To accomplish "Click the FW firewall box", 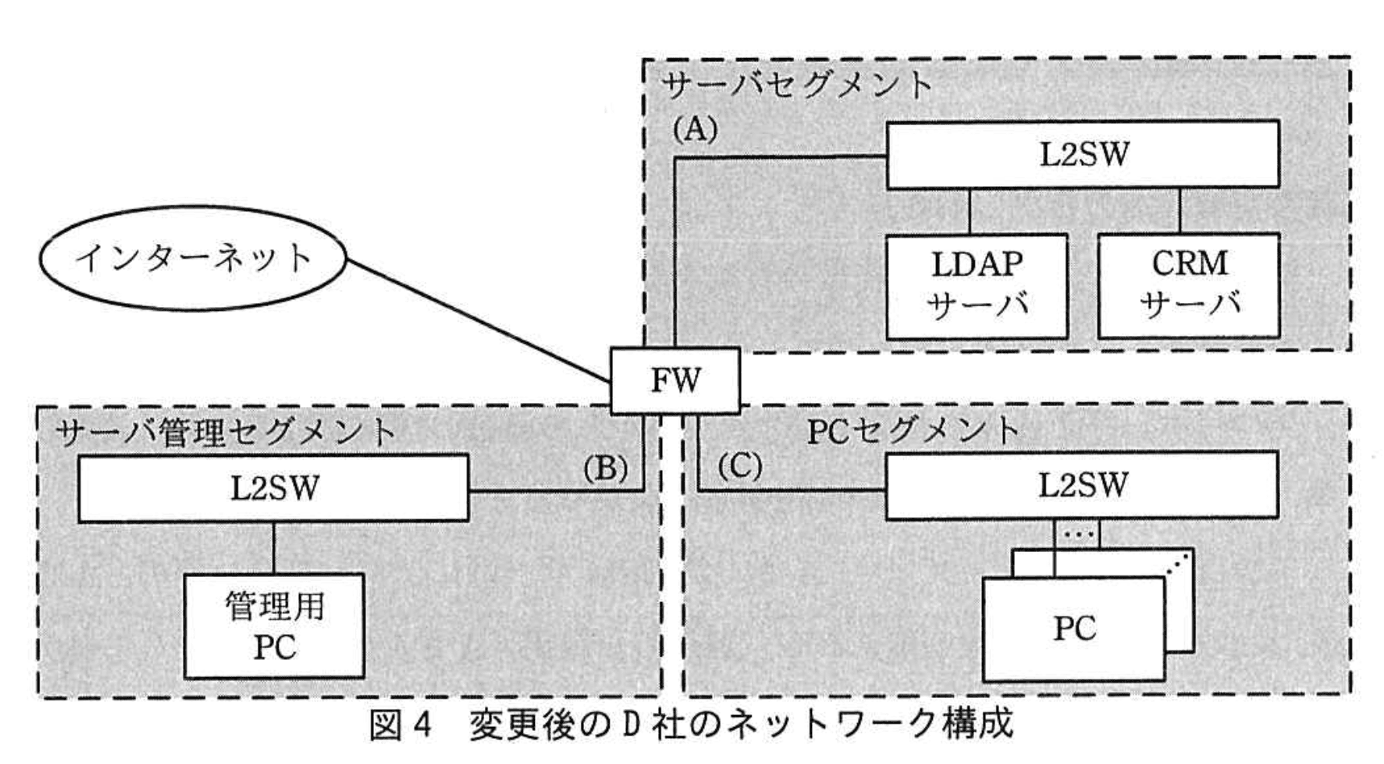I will (x=675, y=380).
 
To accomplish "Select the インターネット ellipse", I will (x=193, y=259).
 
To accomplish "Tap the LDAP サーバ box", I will (x=976, y=286).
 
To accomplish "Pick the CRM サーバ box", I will (x=1189, y=286).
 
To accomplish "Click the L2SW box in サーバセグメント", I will (x=1083, y=154).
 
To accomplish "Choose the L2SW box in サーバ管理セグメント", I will (x=273, y=488).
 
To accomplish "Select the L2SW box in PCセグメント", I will (x=1081, y=484).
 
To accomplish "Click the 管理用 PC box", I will (x=274, y=626).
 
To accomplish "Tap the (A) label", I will (x=694, y=129).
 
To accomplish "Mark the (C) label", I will (x=739, y=467).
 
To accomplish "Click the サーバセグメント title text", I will (x=797, y=85).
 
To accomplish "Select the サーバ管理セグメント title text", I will (x=226, y=434).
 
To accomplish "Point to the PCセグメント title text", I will (x=913, y=431).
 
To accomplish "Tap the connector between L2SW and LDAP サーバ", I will (x=969, y=211).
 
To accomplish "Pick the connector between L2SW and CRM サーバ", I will (x=1180, y=211).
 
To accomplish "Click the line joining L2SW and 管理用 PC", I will (x=274, y=547).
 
